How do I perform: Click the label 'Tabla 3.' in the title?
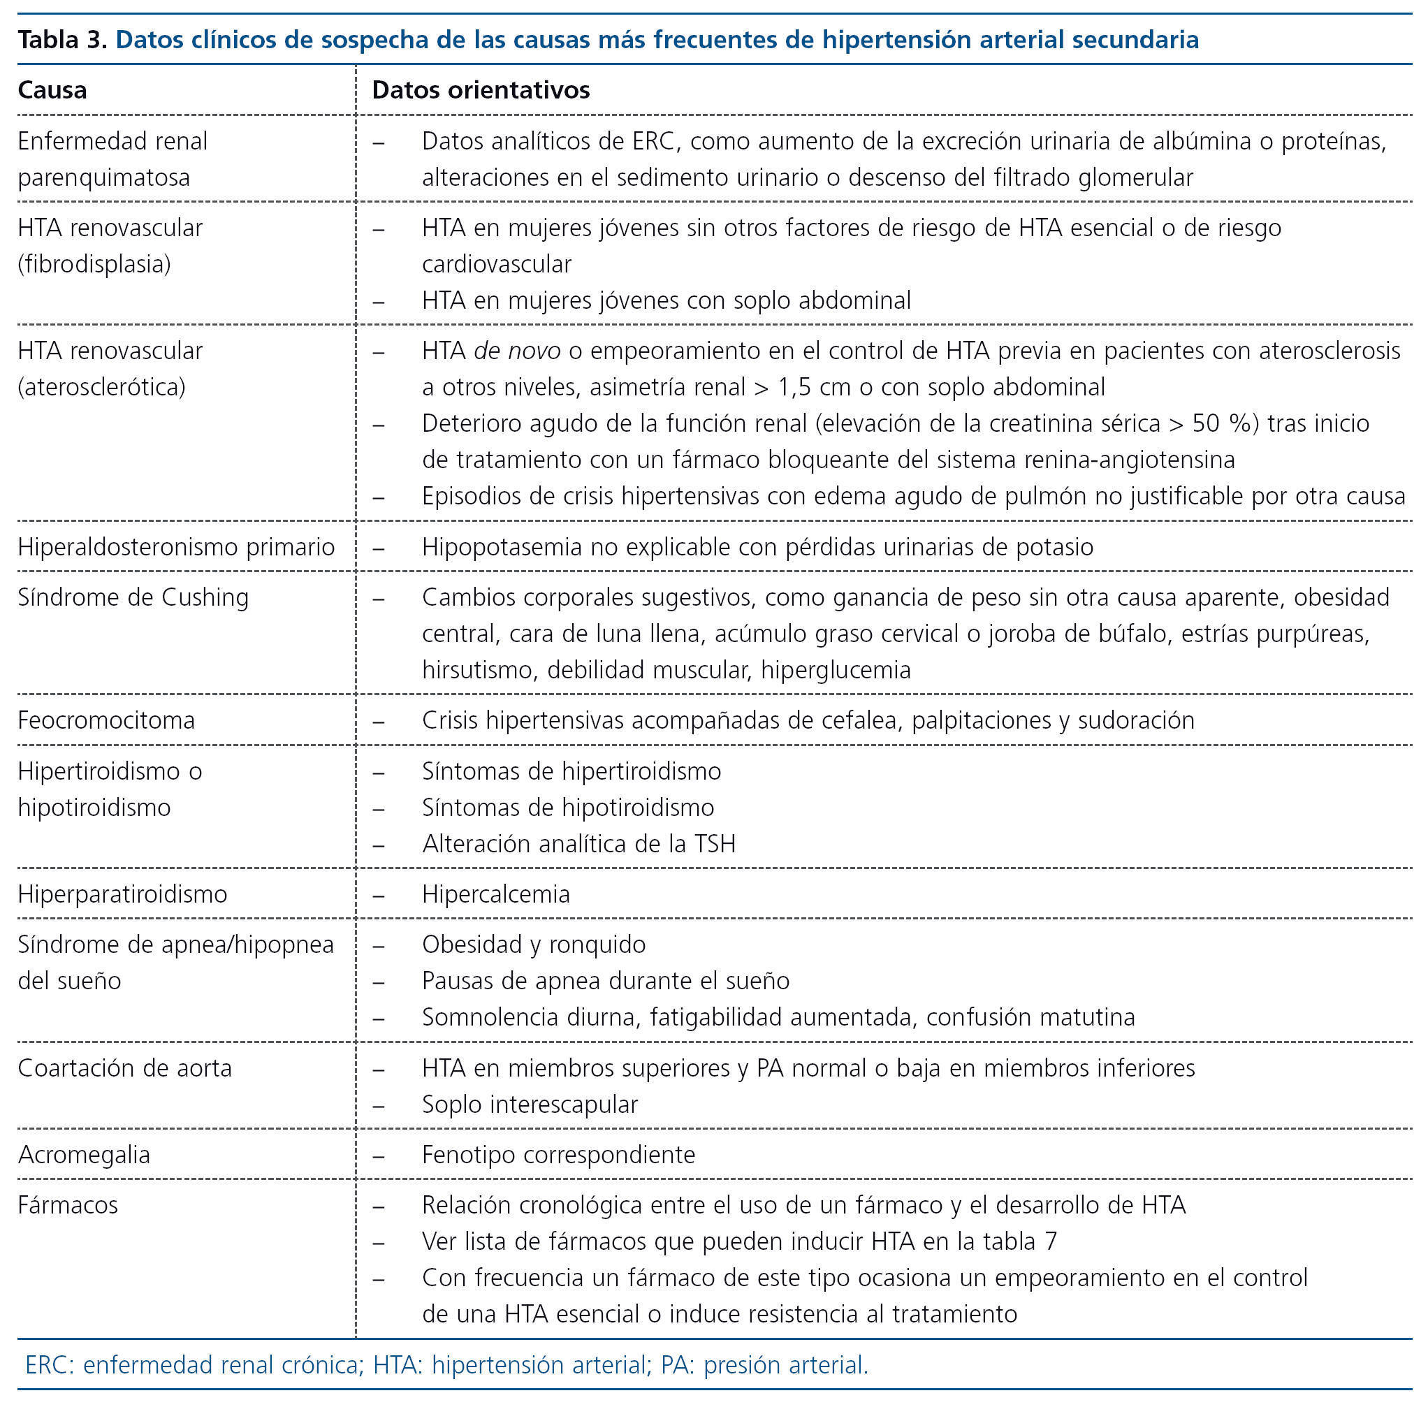pos(63,39)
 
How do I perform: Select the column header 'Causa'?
pos(52,90)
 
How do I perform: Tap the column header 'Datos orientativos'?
pos(481,90)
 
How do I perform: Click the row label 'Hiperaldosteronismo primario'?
pos(176,547)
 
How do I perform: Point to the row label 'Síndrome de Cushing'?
pos(133,597)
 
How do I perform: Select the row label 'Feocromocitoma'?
pos(106,720)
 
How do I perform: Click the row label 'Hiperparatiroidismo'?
pos(123,894)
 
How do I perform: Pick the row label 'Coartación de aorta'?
pos(125,1067)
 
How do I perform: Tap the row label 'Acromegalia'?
pos(85,1154)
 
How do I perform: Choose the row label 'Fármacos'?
pos(68,1204)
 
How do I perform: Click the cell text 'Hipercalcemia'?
pos(496,894)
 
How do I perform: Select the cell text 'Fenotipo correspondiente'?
pos(559,1154)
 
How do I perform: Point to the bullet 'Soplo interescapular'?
pos(530,1104)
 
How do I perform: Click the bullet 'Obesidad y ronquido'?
pos(534,945)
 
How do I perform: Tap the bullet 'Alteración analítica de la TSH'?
pos(578,844)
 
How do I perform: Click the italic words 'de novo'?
pos(518,351)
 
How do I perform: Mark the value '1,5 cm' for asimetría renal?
pos(815,387)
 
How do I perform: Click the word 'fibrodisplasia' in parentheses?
pos(95,264)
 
